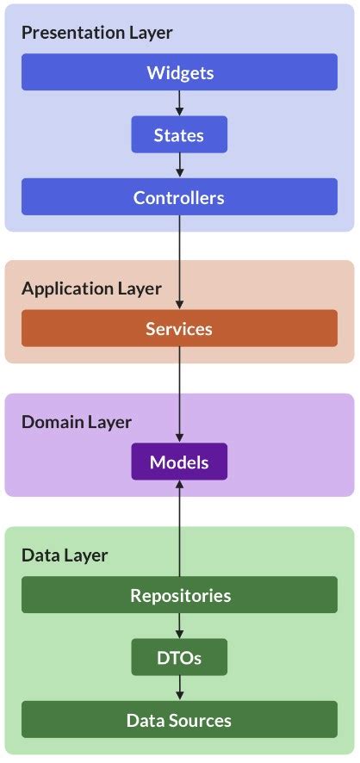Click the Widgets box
[179, 72]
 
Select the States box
[179, 135]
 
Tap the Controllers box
[179, 198]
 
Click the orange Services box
[179, 328]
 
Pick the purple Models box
[179, 462]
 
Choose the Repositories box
[179, 595]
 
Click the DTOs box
[179, 658]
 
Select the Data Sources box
[179, 720]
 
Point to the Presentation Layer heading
[96, 33]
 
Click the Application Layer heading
[91, 288]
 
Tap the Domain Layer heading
[77, 422]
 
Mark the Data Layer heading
[65, 555]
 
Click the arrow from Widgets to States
[179, 103]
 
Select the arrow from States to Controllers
[179, 166]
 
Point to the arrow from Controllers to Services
[179, 263]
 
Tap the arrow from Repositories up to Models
[179, 529]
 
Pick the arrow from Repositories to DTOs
[179, 626]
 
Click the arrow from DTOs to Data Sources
[179, 689]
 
